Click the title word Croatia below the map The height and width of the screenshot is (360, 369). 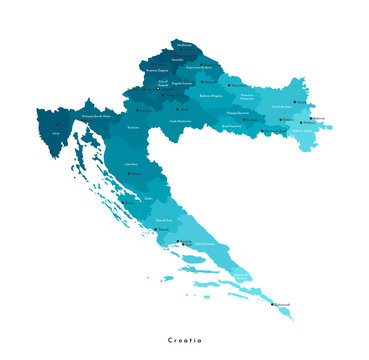(185, 340)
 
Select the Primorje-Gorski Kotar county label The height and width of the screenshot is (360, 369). (97, 117)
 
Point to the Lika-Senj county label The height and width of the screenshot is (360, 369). (131, 163)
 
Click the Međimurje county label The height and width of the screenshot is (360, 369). (182, 45)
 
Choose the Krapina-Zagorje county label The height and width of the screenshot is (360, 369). (157, 72)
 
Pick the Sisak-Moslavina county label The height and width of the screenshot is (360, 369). (181, 121)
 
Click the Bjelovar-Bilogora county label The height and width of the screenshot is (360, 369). (212, 96)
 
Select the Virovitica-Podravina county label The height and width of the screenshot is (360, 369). (247, 98)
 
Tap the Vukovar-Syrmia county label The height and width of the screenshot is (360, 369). (303, 128)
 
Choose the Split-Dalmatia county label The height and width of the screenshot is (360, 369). (206, 245)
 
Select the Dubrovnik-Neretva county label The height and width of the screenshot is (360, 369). (241, 274)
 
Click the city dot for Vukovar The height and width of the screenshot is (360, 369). (313, 118)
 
